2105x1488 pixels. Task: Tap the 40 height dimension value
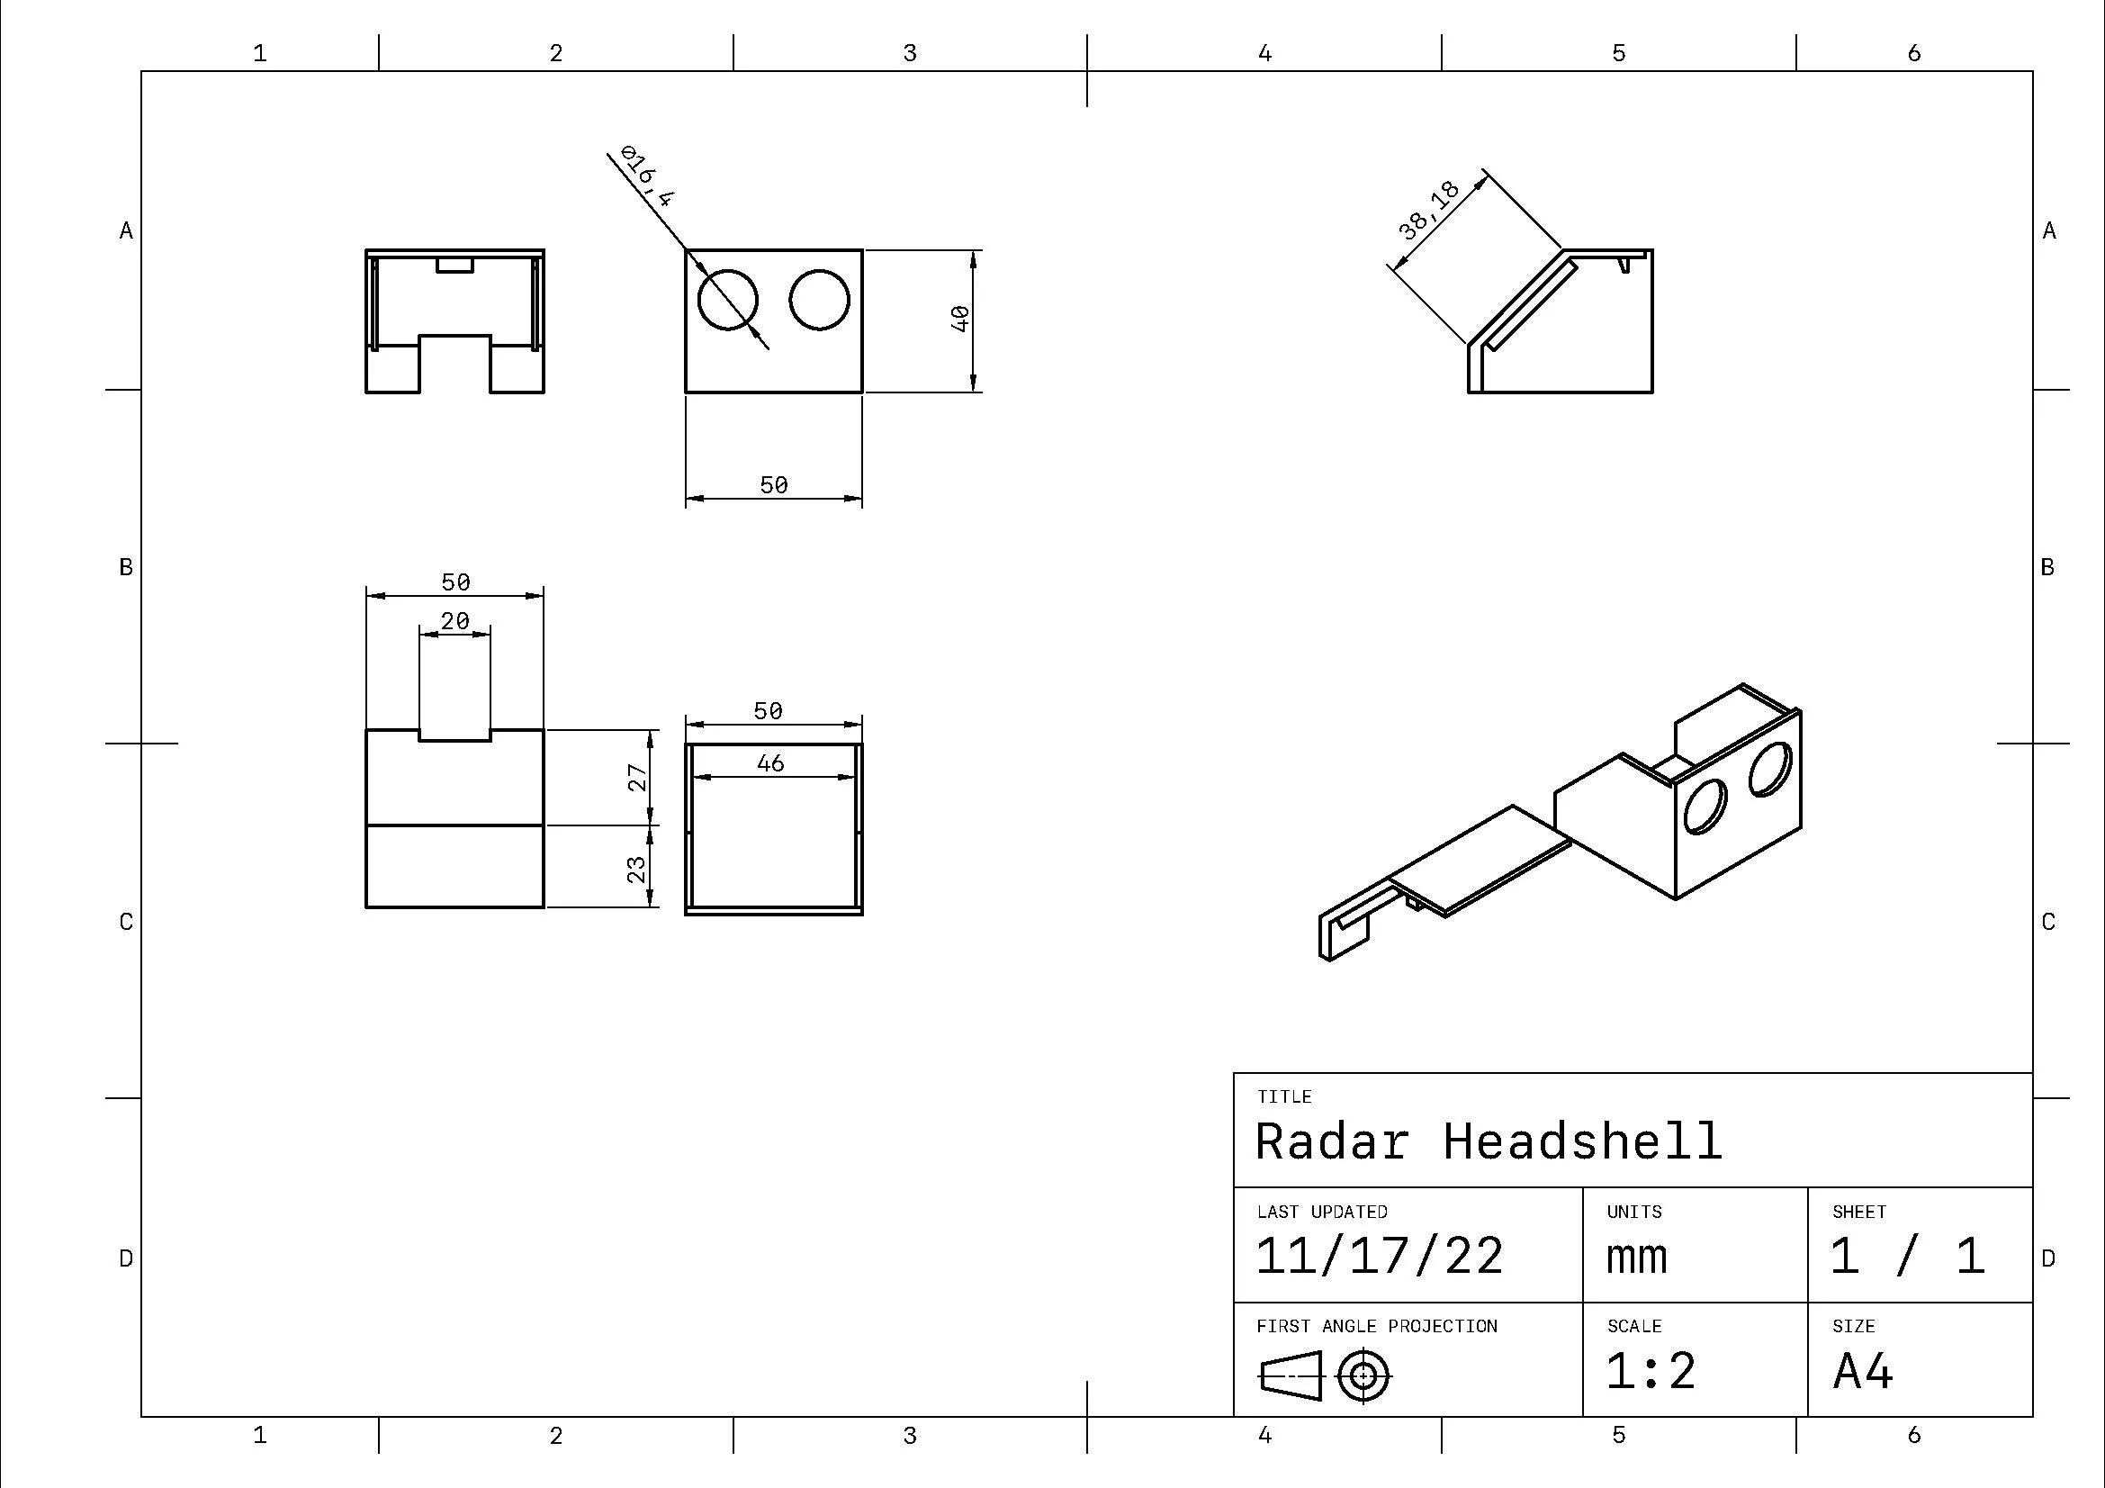point(960,318)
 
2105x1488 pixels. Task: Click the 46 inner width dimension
point(770,762)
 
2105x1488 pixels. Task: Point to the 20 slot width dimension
point(454,622)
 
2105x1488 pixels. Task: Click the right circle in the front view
point(819,300)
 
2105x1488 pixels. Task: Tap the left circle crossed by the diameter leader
point(727,300)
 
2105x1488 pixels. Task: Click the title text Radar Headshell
point(1488,1141)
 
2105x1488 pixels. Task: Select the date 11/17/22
point(1379,1256)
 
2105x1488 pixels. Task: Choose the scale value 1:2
point(1651,1372)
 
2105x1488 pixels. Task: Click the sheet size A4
point(1863,1372)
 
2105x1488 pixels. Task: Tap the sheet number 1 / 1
point(1907,1256)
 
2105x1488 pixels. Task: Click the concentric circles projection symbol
point(1363,1376)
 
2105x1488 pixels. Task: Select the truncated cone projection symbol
point(1291,1376)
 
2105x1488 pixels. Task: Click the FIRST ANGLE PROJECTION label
point(1376,1326)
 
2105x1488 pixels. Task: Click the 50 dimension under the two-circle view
point(774,484)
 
